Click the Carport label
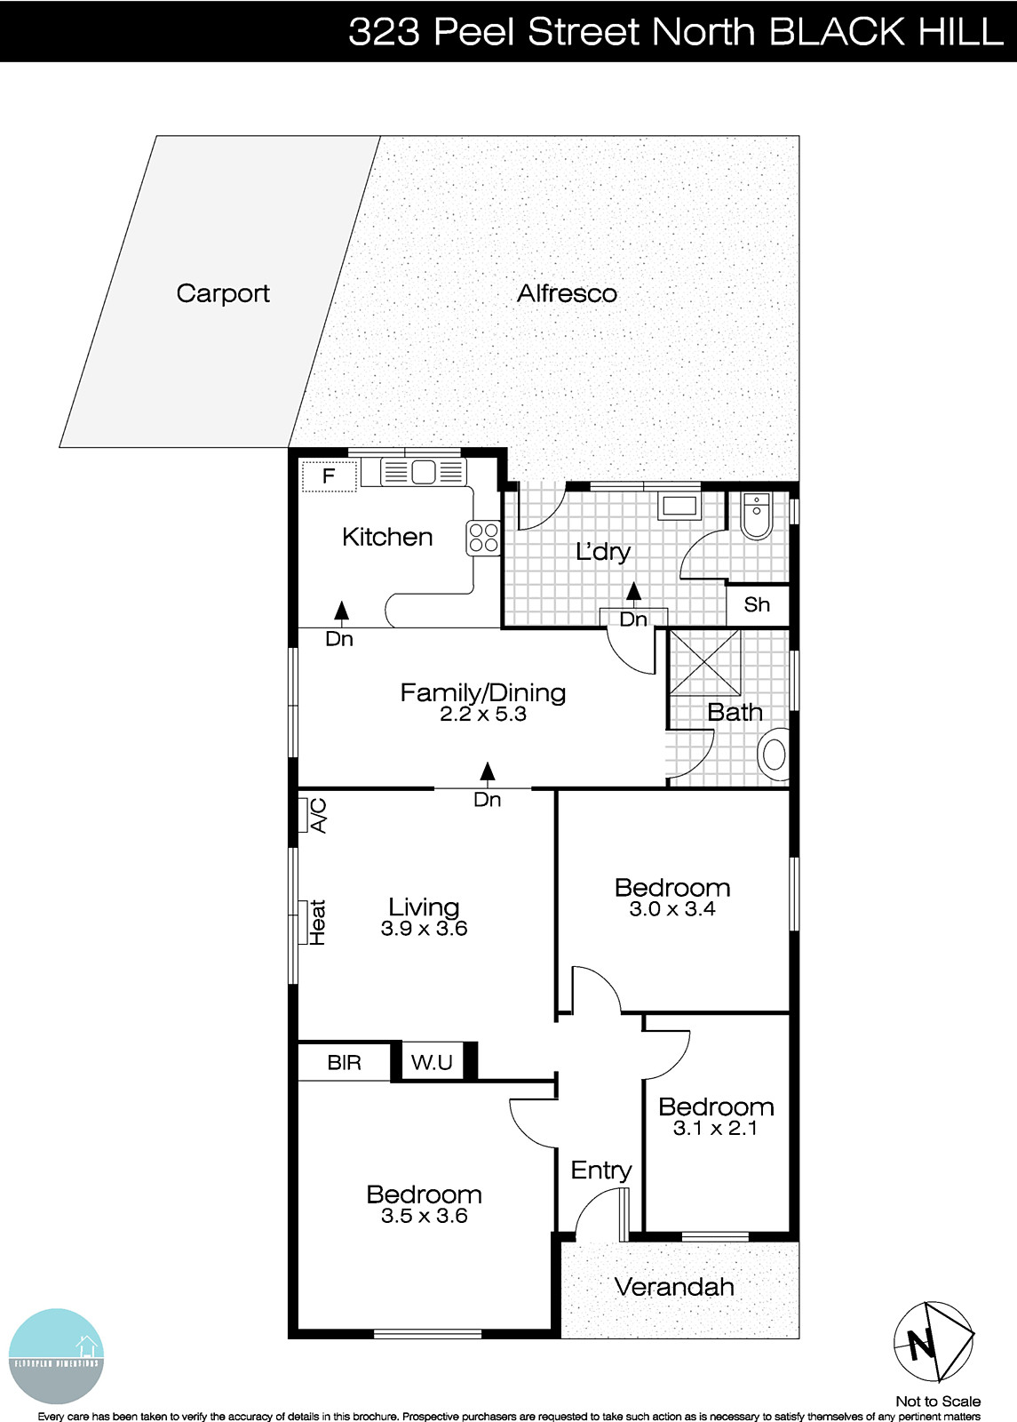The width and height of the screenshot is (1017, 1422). pyautogui.click(x=223, y=293)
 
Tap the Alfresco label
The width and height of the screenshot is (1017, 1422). pyautogui.click(x=567, y=293)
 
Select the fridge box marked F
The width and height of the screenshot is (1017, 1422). pyautogui.click(x=329, y=476)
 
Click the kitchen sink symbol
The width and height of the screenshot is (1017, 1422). pyautogui.click(x=424, y=472)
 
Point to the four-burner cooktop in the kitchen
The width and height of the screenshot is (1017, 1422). pyautogui.click(x=483, y=537)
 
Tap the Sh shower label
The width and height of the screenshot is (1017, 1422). pyautogui.click(x=757, y=605)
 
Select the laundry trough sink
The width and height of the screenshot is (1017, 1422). pyautogui.click(x=679, y=507)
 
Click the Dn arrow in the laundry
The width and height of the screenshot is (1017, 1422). pyautogui.click(x=633, y=591)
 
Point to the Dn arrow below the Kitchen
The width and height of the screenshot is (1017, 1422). pyautogui.click(x=340, y=610)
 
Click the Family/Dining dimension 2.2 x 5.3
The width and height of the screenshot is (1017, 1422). pyautogui.click(x=483, y=714)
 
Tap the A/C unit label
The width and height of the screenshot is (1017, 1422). pyautogui.click(x=317, y=815)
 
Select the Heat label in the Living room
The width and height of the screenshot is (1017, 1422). pyautogui.click(x=317, y=922)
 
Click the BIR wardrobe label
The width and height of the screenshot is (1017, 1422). pyautogui.click(x=344, y=1062)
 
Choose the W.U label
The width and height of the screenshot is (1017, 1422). pyautogui.click(x=432, y=1062)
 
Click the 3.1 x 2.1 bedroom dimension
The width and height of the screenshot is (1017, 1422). pyautogui.click(x=715, y=1128)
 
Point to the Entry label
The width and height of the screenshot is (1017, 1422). pyautogui.click(x=601, y=1170)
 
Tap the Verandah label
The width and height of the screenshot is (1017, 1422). pyautogui.click(x=674, y=1287)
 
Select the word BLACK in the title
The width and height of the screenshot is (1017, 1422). pyautogui.click(x=823, y=32)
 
